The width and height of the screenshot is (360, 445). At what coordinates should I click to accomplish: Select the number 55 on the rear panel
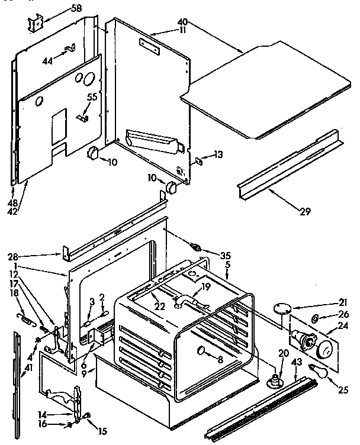(92, 96)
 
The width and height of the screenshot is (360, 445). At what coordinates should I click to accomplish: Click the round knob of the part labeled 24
(323, 349)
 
